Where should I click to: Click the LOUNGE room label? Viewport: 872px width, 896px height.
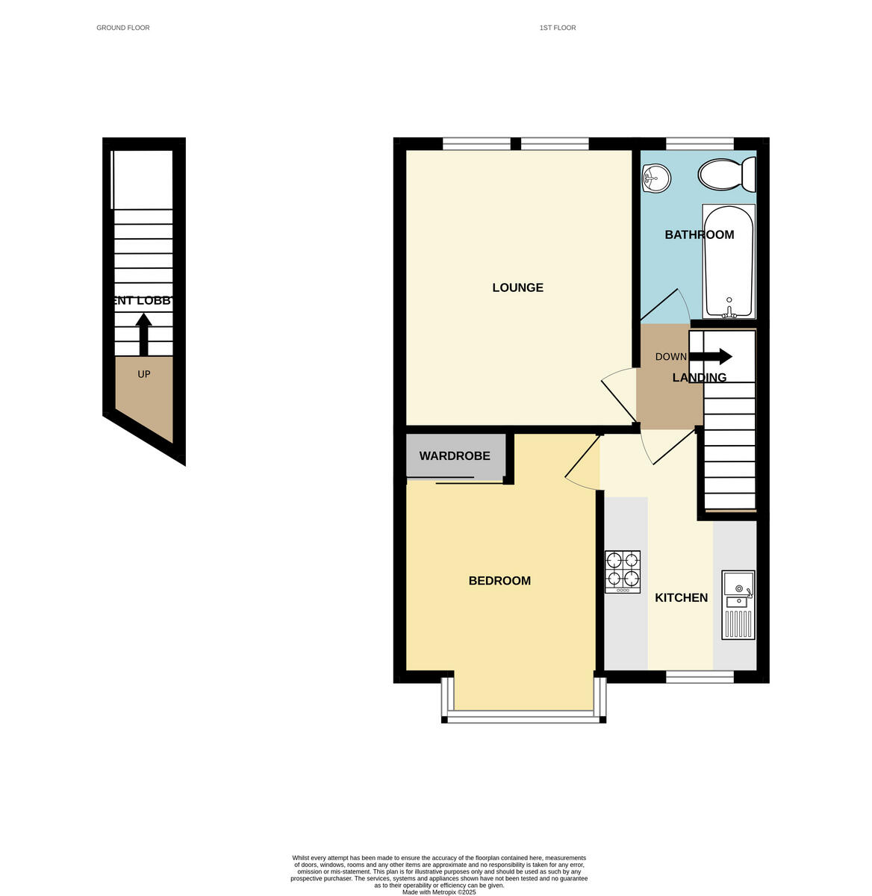517,287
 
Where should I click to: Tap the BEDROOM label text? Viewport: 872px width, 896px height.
499,581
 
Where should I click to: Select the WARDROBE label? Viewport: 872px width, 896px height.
455,455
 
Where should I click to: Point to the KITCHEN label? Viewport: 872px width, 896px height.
681,597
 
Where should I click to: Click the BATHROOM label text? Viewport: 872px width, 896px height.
699,234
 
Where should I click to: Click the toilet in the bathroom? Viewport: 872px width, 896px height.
726,174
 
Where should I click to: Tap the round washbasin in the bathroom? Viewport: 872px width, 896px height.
655,178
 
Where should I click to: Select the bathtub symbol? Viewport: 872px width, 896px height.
729,261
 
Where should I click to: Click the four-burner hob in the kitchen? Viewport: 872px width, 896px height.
623,572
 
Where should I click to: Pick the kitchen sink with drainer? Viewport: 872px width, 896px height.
738,605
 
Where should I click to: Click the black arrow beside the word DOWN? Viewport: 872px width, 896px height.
715,356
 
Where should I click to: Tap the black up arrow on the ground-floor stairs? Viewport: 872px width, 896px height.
143,334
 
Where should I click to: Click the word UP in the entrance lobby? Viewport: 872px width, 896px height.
144,374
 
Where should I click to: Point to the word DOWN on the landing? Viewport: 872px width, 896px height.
670,357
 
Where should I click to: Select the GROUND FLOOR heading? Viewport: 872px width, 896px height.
123,28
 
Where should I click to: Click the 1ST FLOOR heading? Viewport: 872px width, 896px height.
558,28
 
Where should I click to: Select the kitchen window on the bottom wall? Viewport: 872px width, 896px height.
700,676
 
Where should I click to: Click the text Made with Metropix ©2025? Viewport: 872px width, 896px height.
439,892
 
